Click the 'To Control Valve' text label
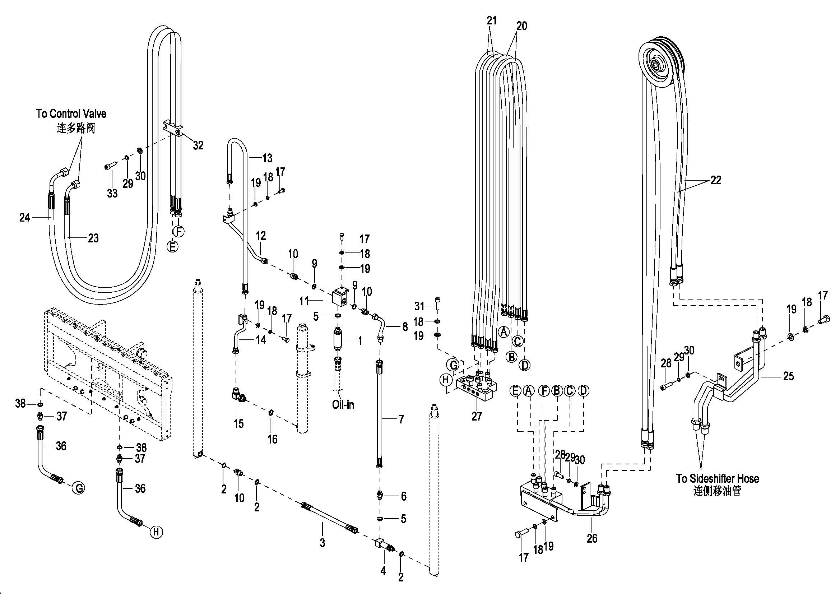click(x=71, y=113)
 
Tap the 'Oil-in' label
click(x=343, y=404)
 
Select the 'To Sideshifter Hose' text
click(x=717, y=478)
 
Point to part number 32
click(x=198, y=145)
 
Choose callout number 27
click(x=476, y=416)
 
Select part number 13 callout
click(x=267, y=158)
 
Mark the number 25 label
click(x=788, y=376)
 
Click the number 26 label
click(x=592, y=538)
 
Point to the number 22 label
click(x=716, y=180)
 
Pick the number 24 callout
click(x=24, y=218)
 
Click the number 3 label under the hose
click(x=322, y=543)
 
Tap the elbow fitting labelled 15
click(x=239, y=396)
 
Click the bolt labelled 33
click(x=110, y=167)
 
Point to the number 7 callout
click(x=401, y=419)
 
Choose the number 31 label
click(x=419, y=305)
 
